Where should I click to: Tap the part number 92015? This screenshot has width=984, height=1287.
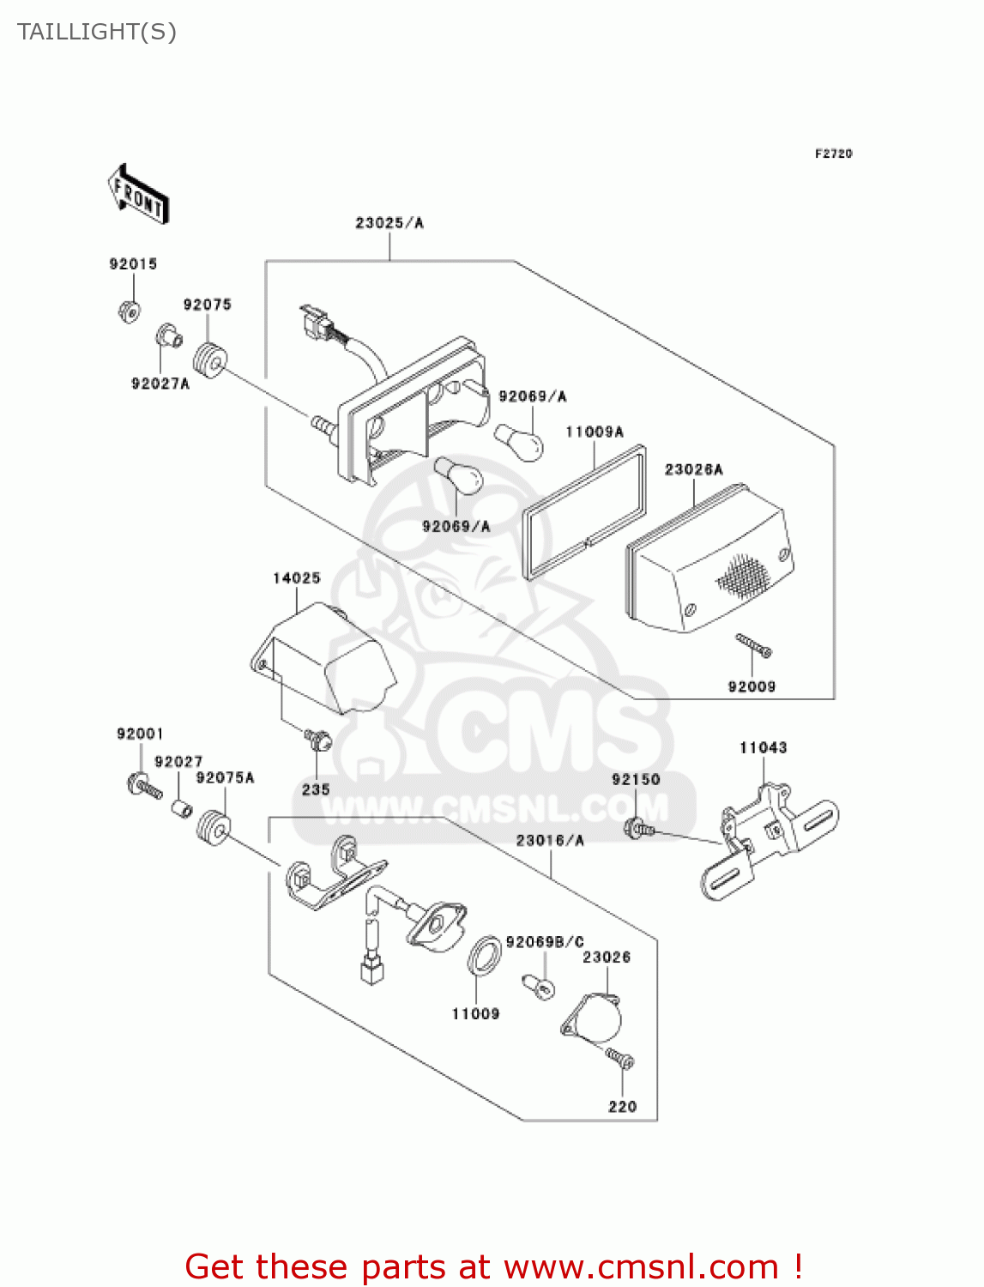(133, 263)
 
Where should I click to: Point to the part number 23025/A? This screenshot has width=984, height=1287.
(389, 223)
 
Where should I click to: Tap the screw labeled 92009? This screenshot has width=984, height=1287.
(753, 645)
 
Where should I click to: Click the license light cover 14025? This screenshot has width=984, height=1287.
(326, 656)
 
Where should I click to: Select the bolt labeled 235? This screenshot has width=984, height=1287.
(317, 739)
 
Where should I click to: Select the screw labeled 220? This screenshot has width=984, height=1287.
(620, 1060)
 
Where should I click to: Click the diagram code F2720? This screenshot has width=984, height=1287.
(833, 154)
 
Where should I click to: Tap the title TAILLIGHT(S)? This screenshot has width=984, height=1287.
(97, 32)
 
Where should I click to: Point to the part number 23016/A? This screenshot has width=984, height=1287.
(550, 840)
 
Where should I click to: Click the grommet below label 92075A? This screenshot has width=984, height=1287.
(213, 829)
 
